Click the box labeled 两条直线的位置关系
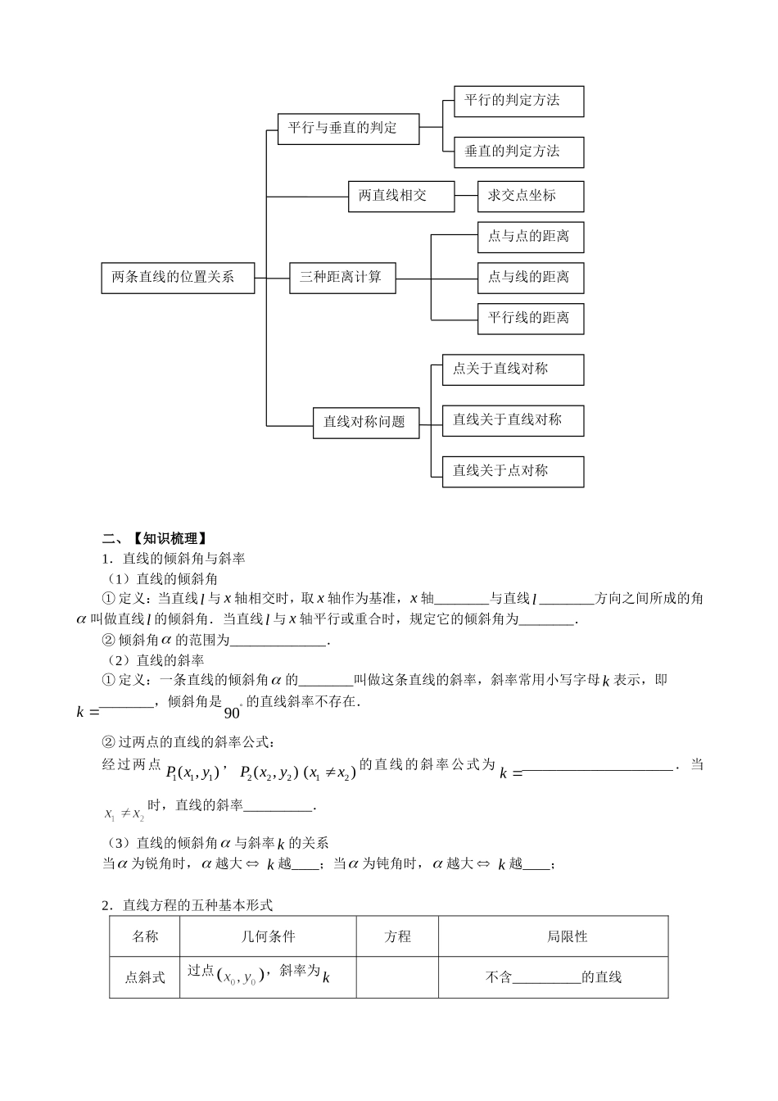pyautogui.click(x=178, y=278)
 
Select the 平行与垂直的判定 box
pyautogui.click(x=348, y=129)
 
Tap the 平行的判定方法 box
pyautogui.click(x=518, y=101)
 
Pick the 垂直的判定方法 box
pyautogui.click(x=518, y=152)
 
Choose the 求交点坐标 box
pyautogui.click(x=530, y=197)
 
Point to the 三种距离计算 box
pyautogui.click(x=342, y=278)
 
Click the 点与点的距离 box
pyautogui.click(x=530, y=237)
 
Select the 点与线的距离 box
pyautogui.click(x=530, y=278)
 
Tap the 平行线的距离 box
pyautogui.click(x=530, y=318)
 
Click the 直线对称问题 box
pyautogui.click(x=365, y=422)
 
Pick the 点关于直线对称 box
pyautogui.click(x=513, y=369)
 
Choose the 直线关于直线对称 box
pyautogui.click(x=513, y=420)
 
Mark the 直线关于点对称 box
pyautogui.click(x=513, y=471)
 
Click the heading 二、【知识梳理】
pyautogui.click(x=154, y=538)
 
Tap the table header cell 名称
pyautogui.click(x=145, y=936)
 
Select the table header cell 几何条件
pyautogui.click(x=268, y=936)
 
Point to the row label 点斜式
pyautogui.click(x=145, y=977)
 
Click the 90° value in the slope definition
pyautogui.click(x=233, y=710)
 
